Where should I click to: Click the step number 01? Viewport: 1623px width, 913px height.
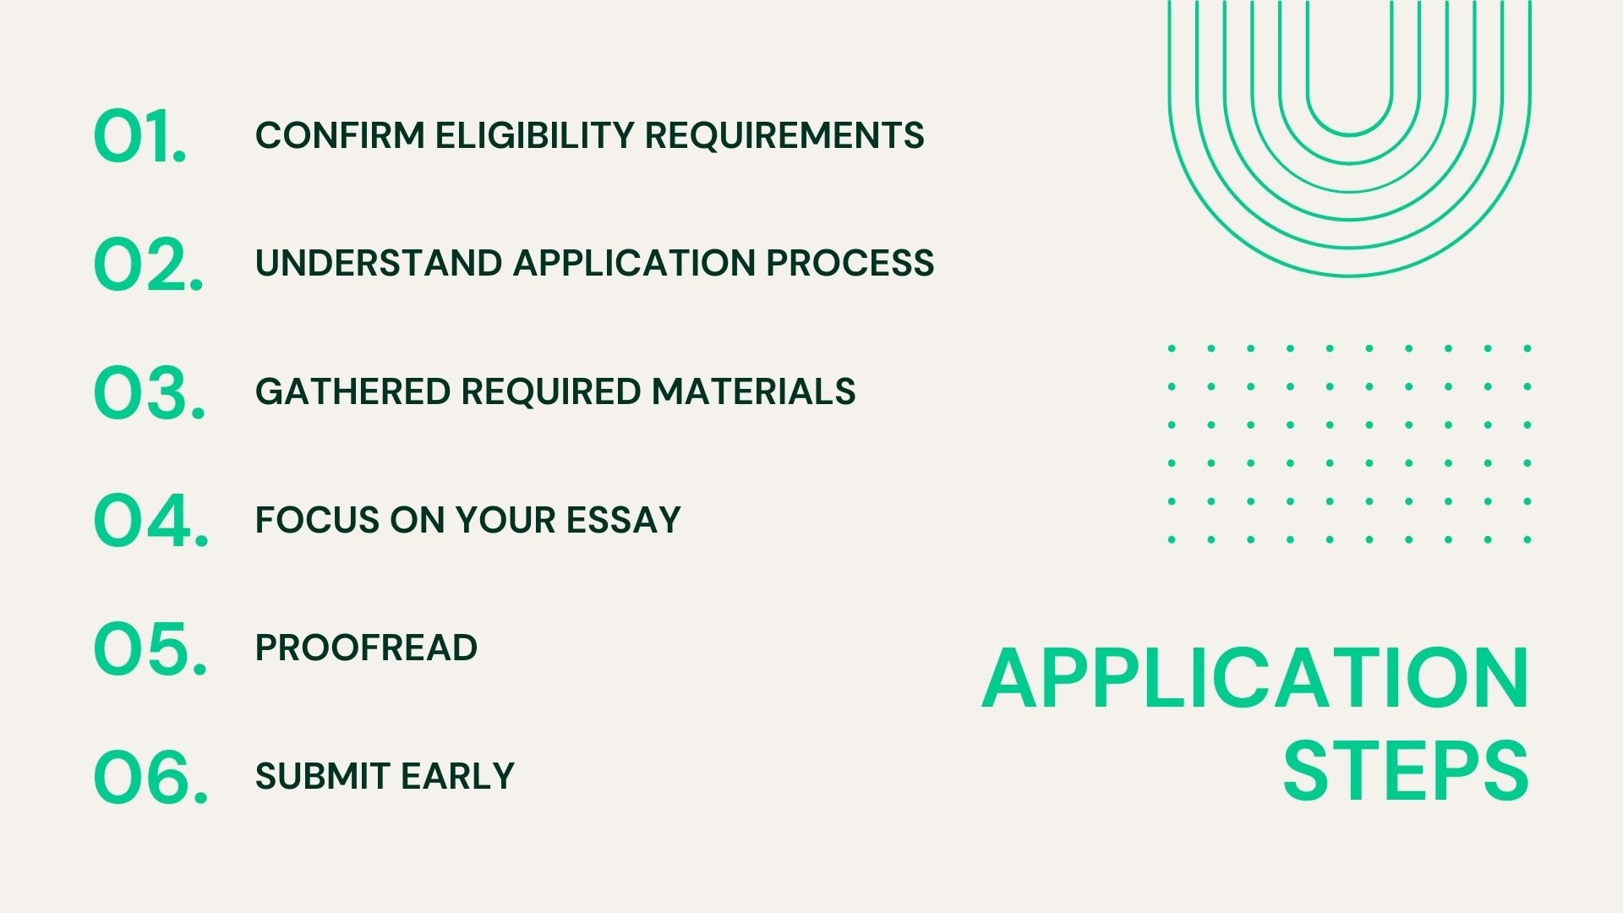pos(139,135)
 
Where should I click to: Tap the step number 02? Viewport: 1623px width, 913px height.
pos(149,264)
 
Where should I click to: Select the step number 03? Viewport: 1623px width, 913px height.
pos(150,392)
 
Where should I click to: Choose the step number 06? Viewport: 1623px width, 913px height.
pos(150,777)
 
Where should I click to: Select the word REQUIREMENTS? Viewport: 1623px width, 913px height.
pos(784,135)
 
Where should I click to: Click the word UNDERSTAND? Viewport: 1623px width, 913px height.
pos(379,263)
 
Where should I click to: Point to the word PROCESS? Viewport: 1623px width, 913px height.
pos(850,263)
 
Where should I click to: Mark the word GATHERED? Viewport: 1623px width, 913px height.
pos(352,391)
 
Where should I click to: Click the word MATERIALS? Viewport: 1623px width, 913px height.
pos(753,391)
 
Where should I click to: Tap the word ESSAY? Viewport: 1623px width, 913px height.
pos(623,520)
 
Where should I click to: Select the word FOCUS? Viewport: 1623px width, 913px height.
pos(317,520)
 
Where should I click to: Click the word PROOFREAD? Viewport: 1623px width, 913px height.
pos(366,648)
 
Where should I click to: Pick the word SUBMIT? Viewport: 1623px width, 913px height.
pos(322,776)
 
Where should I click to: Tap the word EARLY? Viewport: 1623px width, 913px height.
pos(457,776)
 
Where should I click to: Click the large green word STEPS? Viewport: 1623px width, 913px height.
pos(1406,771)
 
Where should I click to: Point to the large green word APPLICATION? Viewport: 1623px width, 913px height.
pos(1255,679)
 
